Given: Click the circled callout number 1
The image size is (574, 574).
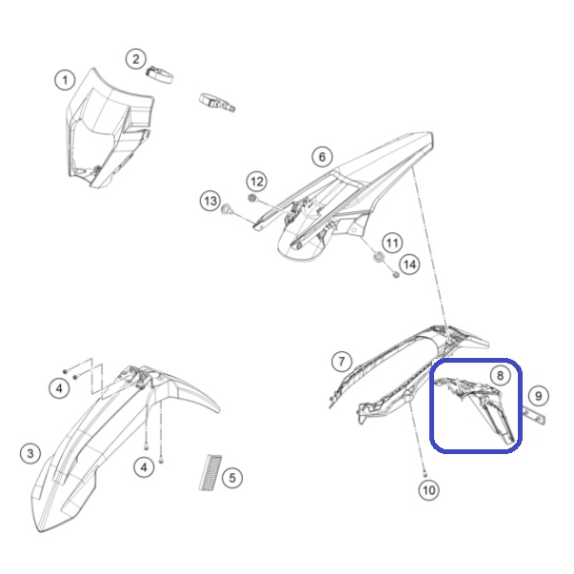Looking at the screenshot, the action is tap(65, 80).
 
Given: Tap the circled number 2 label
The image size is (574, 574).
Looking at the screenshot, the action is tap(136, 59).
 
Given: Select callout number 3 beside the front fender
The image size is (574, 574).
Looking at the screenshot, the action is tap(30, 453).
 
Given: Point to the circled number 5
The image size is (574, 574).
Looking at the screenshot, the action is tap(232, 477).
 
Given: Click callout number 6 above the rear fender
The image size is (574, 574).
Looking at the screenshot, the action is tap(322, 157).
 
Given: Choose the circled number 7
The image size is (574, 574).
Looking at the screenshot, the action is tap(342, 362).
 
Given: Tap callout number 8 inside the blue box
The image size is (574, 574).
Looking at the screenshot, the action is tap(500, 375).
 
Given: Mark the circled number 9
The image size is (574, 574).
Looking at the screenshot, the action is tap(539, 396).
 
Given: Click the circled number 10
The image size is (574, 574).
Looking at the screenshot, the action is tap(429, 490).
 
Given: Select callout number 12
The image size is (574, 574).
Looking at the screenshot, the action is tap(257, 181).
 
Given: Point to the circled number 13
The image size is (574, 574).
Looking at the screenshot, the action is tap(210, 201).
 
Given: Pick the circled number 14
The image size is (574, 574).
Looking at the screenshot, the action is tap(409, 265).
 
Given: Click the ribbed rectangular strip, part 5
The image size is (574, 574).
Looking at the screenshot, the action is tap(211, 472).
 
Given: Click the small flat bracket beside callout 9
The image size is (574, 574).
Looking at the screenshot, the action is tap(533, 415).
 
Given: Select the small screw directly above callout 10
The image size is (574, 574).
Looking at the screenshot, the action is tap(425, 475).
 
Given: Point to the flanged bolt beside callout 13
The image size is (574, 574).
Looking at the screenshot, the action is tap(227, 209).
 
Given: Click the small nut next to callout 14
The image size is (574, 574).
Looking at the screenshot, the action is tap(395, 274).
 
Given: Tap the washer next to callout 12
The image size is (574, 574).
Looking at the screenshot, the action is tap(252, 198).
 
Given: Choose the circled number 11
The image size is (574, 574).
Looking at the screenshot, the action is tap(392, 243).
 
